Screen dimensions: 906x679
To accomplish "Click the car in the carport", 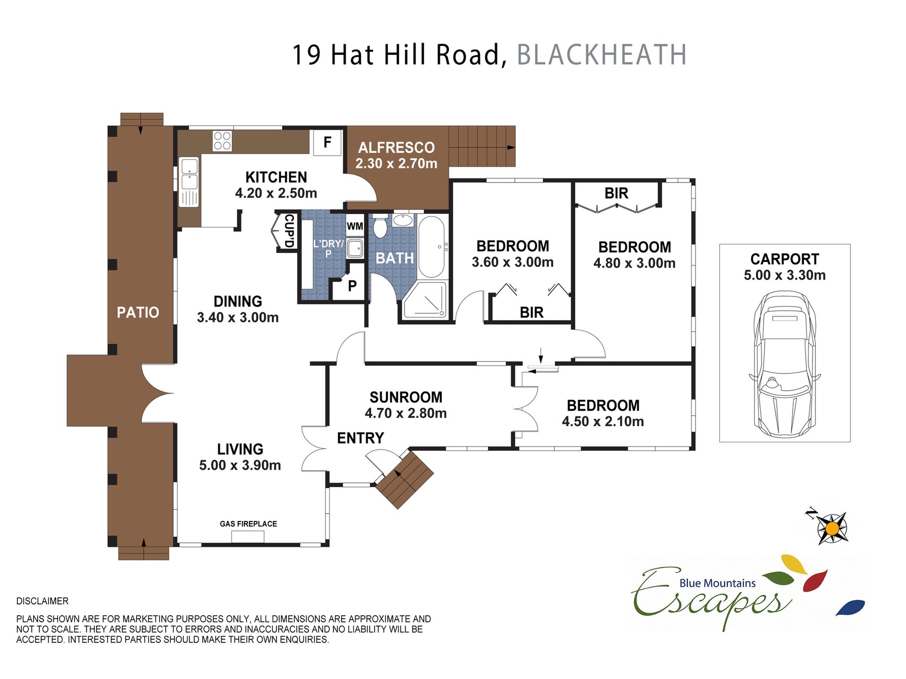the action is (x=785, y=364).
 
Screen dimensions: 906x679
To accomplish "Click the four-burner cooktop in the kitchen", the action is (x=222, y=141).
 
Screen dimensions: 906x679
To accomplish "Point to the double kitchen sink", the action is (x=189, y=182).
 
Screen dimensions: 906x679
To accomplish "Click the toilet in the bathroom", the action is (x=380, y=226).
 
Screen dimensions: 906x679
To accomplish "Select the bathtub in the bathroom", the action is (x=431, y=247).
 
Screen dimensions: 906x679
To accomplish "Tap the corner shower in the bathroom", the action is (x=425, y=299).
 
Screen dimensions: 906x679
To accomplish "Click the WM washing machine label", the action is (x=355, y=226).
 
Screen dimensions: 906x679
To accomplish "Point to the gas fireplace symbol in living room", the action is (x=248, y=537).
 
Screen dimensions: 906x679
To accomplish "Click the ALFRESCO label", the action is (x=396, y=148).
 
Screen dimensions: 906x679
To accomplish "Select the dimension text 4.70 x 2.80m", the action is (x=406, y=413).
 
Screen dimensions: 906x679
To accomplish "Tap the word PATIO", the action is (x=138, y=312).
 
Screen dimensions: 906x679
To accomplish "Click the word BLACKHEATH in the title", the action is (x=602, y=55).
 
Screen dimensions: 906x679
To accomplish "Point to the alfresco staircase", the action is (x=482, y=146).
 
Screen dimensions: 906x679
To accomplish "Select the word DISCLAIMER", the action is (x=42, y=601).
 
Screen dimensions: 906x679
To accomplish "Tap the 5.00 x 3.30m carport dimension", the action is (x=785, y=275).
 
